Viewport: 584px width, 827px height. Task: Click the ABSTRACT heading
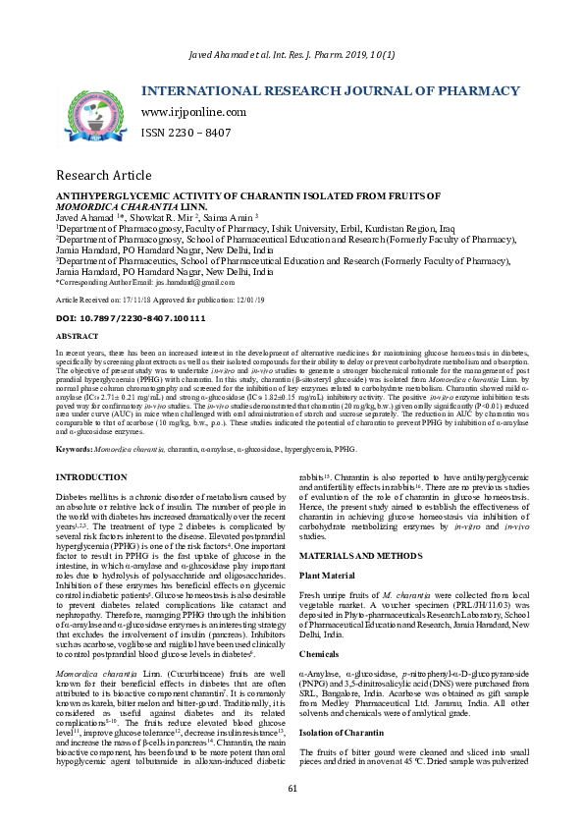tap(78, 336)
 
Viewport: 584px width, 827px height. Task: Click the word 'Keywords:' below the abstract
tap(75, 448)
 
